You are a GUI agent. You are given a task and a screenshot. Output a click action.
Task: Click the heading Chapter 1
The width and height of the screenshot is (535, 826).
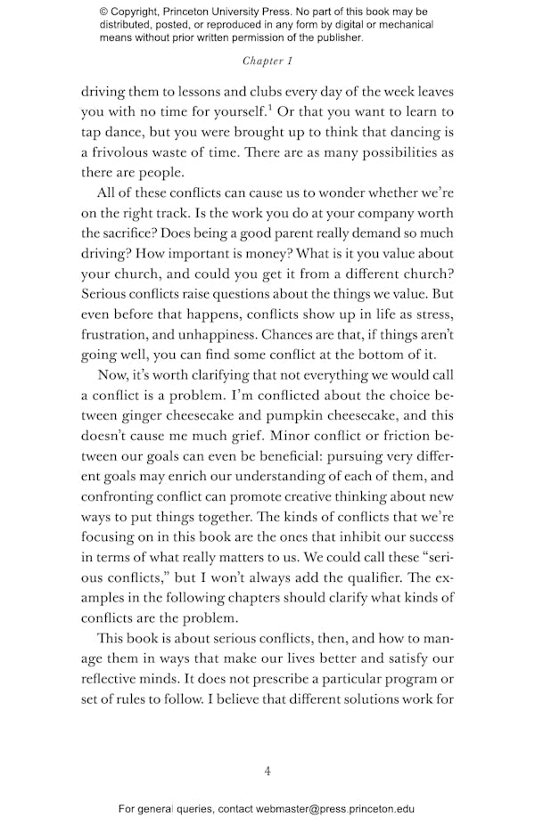pyautogui.click(x=267, y=61)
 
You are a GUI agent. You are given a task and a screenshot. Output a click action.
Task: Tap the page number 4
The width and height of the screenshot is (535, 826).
pyautogui.click(x=267, y=771)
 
